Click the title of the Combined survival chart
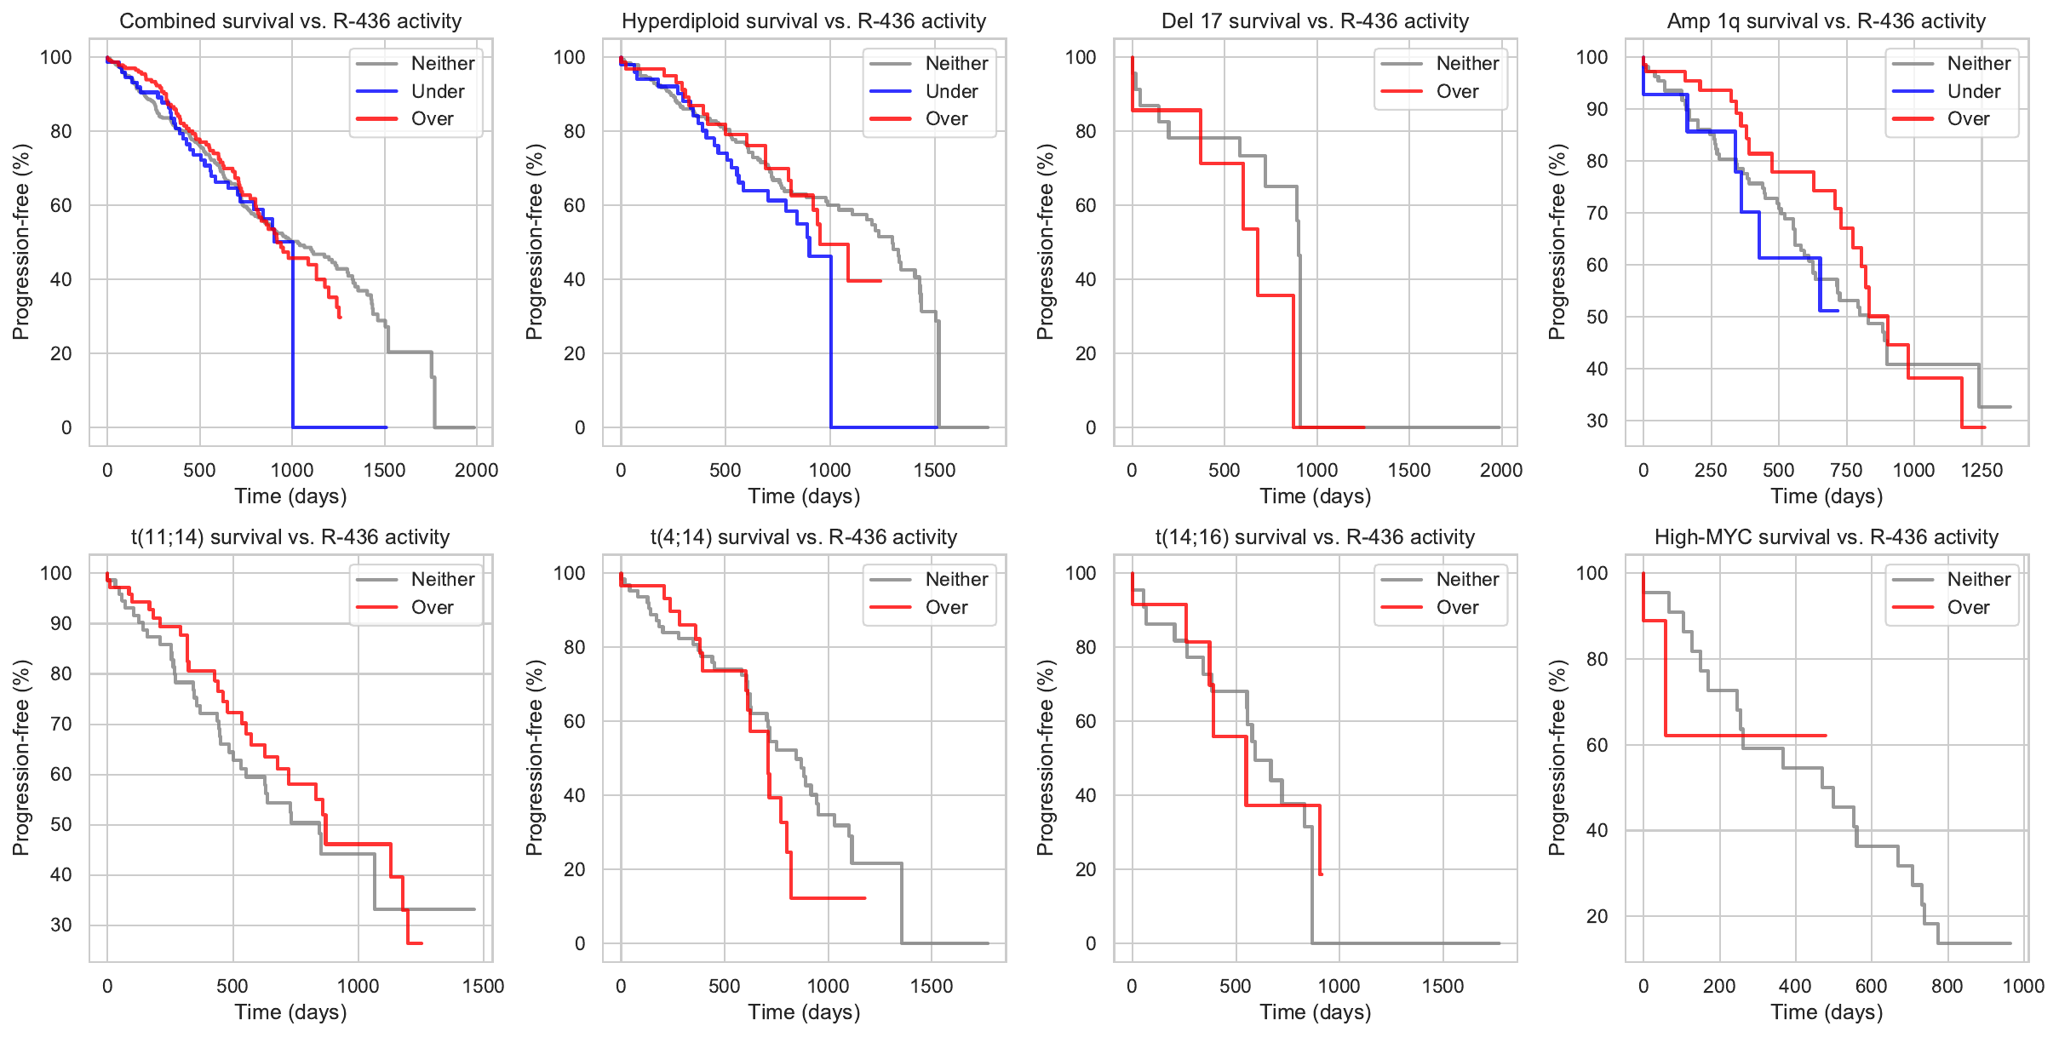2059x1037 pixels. click(290, 21)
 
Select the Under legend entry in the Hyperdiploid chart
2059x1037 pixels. click(950, 91)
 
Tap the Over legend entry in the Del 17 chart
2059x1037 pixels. click(1456, 91)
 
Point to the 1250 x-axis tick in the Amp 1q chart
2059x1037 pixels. click(1981, 470)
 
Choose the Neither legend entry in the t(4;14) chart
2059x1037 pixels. click(955, 580)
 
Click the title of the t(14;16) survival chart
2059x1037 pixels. click(1315, 537)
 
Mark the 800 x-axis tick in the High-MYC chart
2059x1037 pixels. click(1947, 986)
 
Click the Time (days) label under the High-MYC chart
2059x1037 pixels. click(1827, 1012)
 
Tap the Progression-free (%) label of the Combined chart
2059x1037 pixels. click(21, 242)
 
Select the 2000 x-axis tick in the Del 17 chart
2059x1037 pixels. click(1500, 470)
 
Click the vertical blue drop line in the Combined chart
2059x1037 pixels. click(293, 341)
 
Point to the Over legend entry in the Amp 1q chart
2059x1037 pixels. click(1967, 119)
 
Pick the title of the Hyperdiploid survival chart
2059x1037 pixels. click(804, 21)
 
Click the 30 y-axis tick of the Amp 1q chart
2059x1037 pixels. click(1597, 421)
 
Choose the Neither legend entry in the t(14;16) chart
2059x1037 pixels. click(1466, 580)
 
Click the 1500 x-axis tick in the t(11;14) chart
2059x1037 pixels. click(483, 986)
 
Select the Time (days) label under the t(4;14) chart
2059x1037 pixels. click(804, 1012)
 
